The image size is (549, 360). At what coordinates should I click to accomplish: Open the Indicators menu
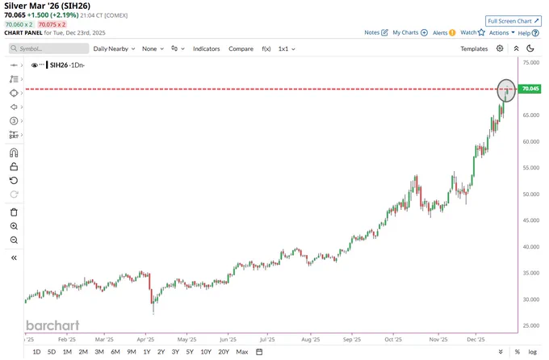206,48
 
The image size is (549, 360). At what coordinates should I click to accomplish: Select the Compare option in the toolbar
241,48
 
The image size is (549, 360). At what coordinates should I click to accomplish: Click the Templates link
474,48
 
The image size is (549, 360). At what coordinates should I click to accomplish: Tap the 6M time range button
115,352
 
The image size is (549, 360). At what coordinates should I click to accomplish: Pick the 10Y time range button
206,352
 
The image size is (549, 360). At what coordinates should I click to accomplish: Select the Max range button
242,352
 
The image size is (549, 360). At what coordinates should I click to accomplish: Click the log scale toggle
532,352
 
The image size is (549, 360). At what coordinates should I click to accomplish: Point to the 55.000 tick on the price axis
530,167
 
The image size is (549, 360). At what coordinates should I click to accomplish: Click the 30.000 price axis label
530,299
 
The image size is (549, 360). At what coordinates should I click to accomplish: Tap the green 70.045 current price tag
530,89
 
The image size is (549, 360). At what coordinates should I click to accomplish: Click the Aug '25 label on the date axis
306,340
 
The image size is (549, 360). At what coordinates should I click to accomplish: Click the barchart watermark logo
53,325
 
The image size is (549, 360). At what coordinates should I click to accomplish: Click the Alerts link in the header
440,33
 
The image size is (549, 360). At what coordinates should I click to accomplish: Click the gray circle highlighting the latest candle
506,90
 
